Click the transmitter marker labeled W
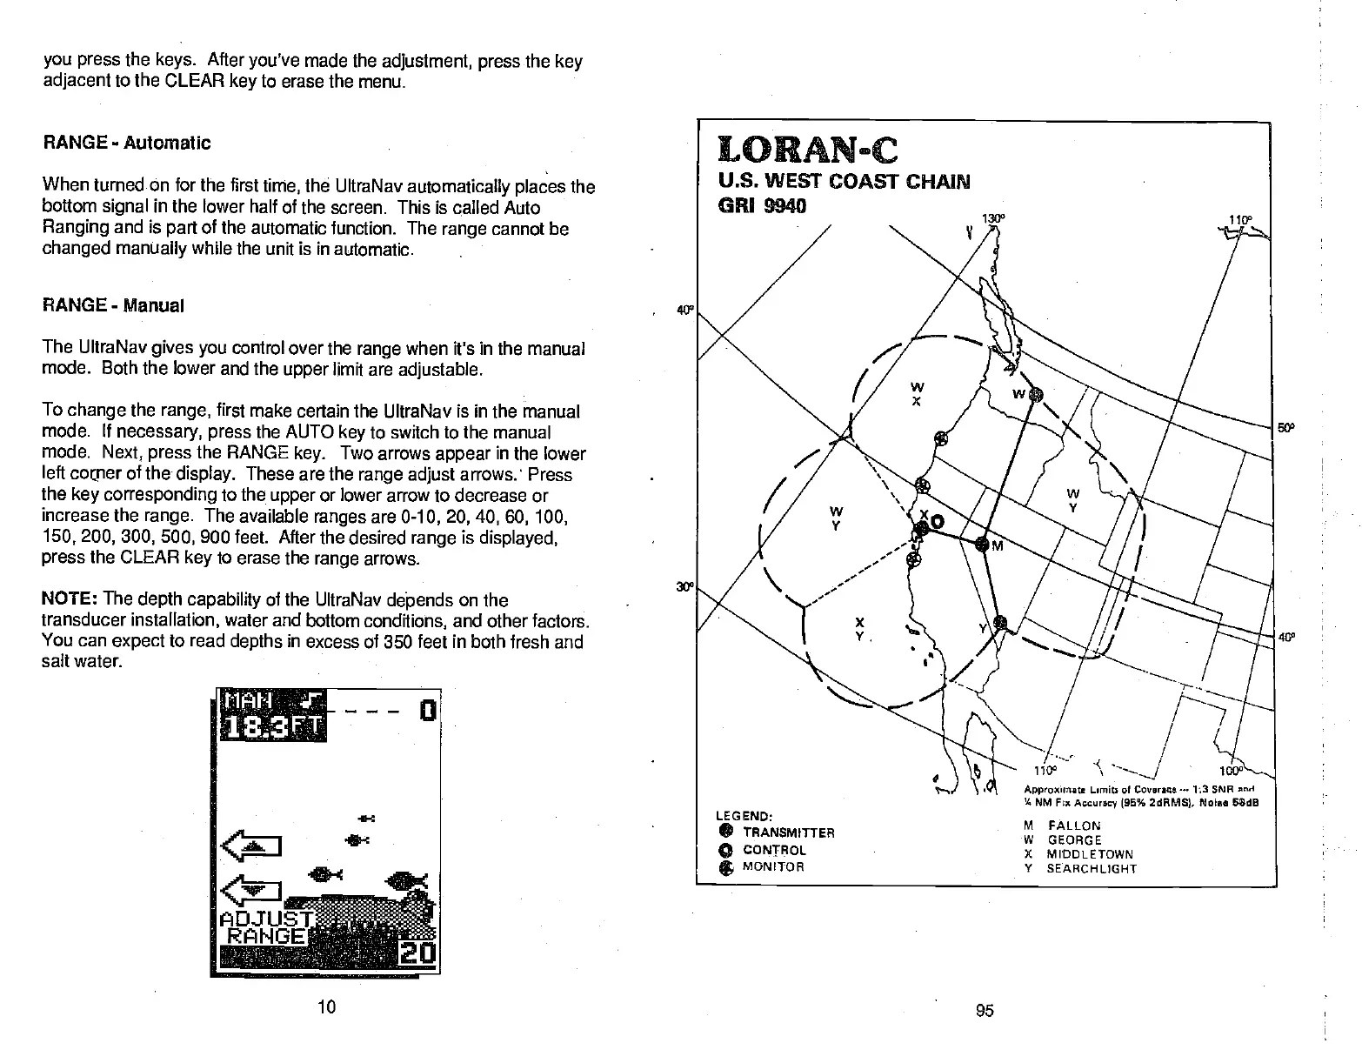pos(1035,396)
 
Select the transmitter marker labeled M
pos(983,545)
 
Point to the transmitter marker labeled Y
pos(1000,622)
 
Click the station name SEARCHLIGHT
pos(1091,868)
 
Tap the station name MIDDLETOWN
pos(1090,854)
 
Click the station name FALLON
pos(1073,826)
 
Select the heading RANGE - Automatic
pos(127,143)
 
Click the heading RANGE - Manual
pos(113,306)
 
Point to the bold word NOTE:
pos(70,600)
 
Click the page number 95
pos(985,1010)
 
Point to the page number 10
pos(326,1007)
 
